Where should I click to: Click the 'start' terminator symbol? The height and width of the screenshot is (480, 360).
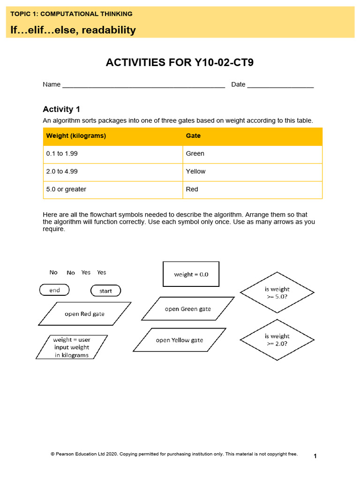105,291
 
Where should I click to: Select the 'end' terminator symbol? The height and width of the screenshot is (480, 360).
54,290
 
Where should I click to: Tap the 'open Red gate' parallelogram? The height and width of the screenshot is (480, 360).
85,314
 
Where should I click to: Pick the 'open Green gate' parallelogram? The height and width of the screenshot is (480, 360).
187,309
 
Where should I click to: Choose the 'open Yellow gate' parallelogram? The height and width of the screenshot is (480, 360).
180,340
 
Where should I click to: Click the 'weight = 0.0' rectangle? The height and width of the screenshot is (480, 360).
191,274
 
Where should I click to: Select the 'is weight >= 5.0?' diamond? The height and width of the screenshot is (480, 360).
277,292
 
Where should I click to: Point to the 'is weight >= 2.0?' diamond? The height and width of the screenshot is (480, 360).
277,340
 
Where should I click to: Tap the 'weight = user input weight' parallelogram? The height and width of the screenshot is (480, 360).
72,347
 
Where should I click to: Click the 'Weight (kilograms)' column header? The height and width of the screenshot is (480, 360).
76,136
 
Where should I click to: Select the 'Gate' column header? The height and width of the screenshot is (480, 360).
193,136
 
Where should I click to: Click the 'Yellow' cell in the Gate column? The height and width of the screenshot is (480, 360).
195,172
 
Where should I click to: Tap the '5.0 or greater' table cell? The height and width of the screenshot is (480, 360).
66,189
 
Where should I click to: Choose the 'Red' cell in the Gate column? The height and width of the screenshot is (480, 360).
192,189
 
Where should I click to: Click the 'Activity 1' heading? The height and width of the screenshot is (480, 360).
61,109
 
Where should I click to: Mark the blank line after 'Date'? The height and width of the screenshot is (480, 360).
280,85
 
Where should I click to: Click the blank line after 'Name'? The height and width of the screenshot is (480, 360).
143,85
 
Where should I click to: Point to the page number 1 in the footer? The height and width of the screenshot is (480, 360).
315,456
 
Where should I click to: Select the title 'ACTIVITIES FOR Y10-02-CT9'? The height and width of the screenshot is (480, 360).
180,62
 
